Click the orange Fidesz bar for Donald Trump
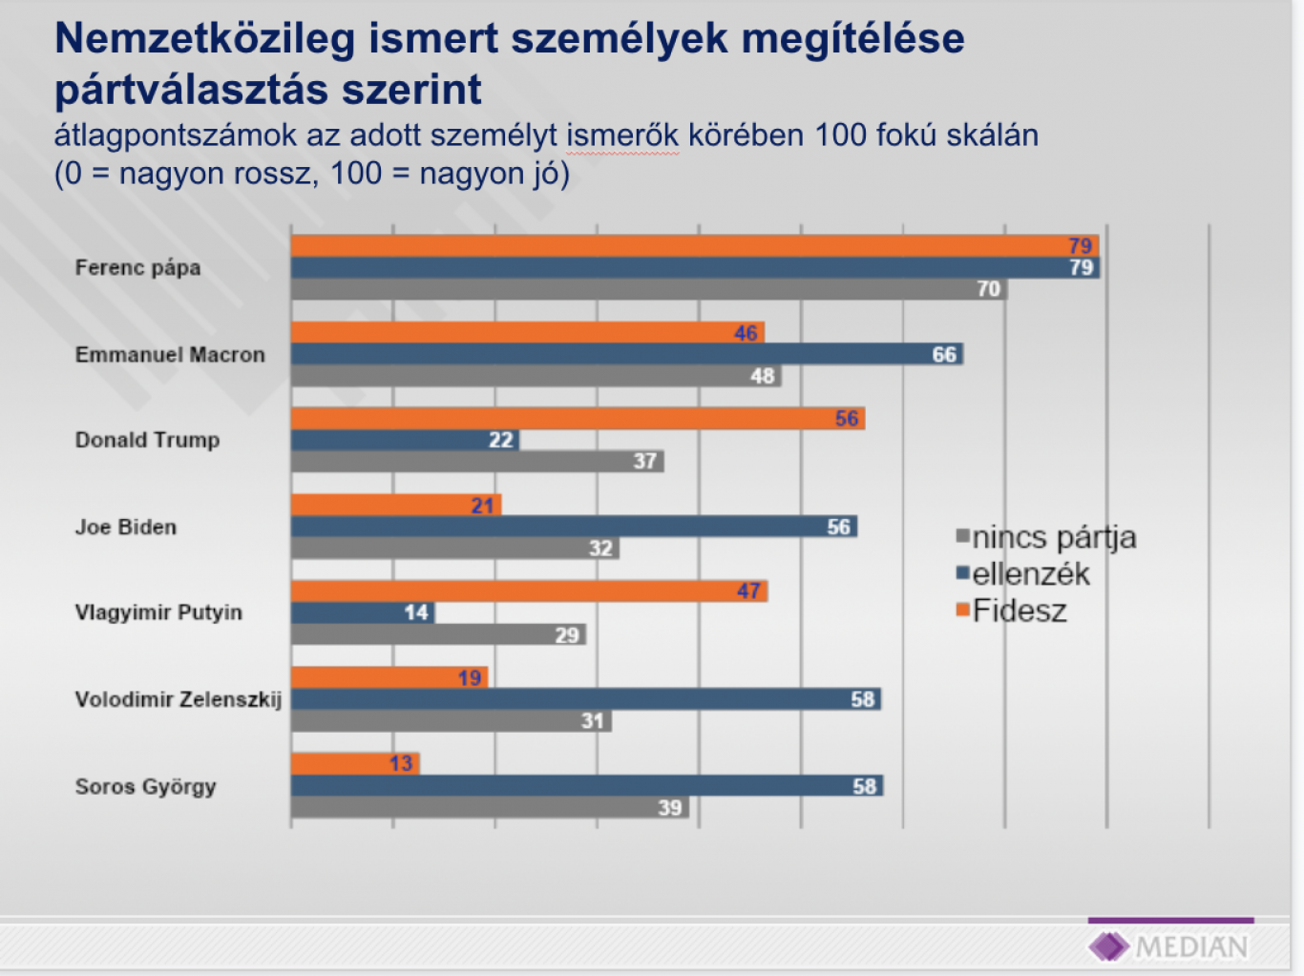(x=577, y=419)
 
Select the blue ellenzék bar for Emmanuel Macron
(x=626, y=354)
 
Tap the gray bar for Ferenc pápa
(x=648, y=289)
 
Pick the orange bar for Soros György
(x=354, y=763)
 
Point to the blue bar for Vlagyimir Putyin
(x=362, y=613)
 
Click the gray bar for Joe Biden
(x=454, y=549)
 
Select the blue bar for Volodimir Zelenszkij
(x=585, y=699)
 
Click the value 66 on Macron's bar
(x=944, y=355)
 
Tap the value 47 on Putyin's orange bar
(x=748, y=592)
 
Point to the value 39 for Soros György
(x=670, y=808)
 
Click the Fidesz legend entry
(x=1012, y=612)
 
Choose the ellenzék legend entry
(x=1023, y=574)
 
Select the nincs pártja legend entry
(x=1046, y=538)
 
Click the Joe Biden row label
(x=126, y=527)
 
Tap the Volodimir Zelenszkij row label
(x=179, y=699)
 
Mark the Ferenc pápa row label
(x=138, y=267)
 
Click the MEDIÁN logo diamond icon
(x=1107, y=946)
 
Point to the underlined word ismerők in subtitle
(x=622, y=135)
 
